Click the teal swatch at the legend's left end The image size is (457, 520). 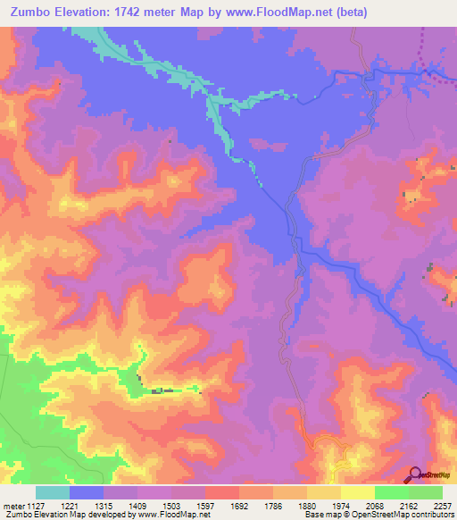point(53,492)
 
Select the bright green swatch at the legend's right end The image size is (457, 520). point(425,492)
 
